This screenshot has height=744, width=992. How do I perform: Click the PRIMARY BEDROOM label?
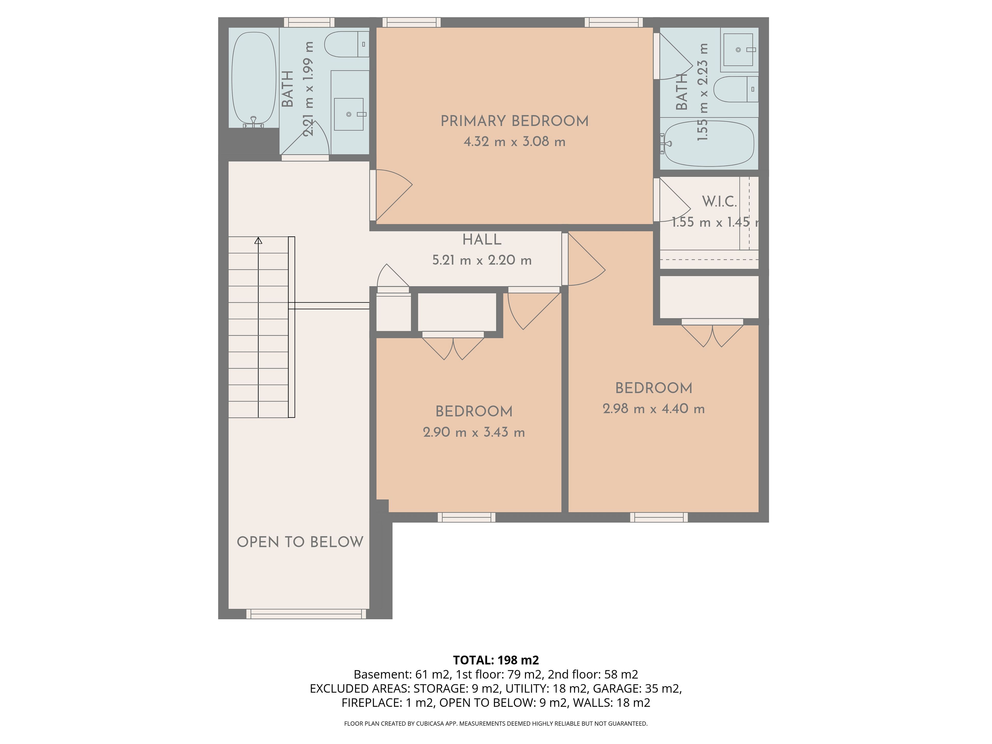click(514, 121)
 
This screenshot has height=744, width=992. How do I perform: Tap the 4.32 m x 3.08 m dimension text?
click(514, 142)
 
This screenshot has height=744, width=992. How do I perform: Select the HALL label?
click(482, 240)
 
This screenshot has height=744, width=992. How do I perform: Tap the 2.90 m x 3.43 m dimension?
click(474, 432)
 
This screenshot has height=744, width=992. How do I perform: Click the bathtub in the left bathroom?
click(254, 79)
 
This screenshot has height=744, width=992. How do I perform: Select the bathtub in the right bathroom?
click(709, 144)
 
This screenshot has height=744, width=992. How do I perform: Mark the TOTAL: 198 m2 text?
click(496, 660)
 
